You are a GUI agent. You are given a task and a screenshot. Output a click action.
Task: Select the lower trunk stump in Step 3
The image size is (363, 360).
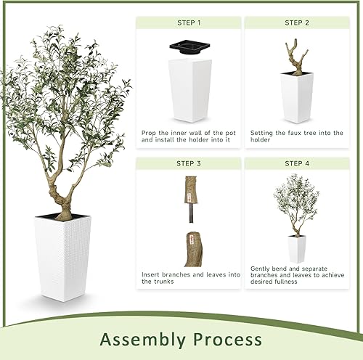pyautogui.click(x=192, y=248)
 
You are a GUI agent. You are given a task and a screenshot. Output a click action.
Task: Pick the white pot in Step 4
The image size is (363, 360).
pyautogui.click(x=296, y=248)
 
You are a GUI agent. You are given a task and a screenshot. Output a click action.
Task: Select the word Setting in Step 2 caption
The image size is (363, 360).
pyautogui.click(x=262, y=133)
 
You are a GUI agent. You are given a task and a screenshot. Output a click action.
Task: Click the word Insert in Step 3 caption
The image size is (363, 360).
pyautogui.click(x=151, y=274)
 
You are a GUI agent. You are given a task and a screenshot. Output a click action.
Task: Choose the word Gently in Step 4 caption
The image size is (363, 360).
pyautogui.click(x=261, y=267)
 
